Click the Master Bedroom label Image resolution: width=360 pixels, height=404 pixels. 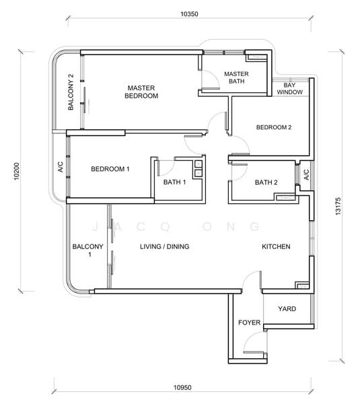pyautogui.click(x=141, y=92)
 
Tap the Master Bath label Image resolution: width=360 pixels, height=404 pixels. pyautogui.click(x=236, y=77)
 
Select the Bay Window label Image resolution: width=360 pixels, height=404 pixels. pyautogui.click(x=290, y=89)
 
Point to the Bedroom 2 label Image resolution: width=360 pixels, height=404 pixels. pyautogui.click(x=274, y=127)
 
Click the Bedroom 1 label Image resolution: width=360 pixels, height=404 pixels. pyautogui.click(x=110, y=169)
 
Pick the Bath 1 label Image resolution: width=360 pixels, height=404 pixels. pyautogui.click(x=174, y=182)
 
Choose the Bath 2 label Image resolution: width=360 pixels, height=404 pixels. pyautogui.click(x=266, y=182)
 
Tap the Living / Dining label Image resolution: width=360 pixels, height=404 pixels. pyautogui.click(x=165, y=246)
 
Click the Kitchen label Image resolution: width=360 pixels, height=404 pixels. pyautogui.click(x=276, y=246)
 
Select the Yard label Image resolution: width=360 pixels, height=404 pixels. pyautogui.click(x=287, y=308)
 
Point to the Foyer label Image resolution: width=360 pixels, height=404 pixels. pyautogui.click(x=249, y=323)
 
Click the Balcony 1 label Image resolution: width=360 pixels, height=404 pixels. pyautogui.click(x=87, y=250)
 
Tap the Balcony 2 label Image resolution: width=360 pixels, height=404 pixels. pyautogui.click(x=71, y=92)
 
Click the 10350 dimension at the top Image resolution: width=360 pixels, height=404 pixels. pyautogui.click(x=189, y=14)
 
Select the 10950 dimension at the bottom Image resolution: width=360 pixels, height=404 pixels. pyautogui.click(x=182, y=388)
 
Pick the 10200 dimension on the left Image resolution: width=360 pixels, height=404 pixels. pyautogui.click(x=16, y=171)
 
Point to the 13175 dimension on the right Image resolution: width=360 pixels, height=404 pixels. pyautogui.click(x=338, y=206)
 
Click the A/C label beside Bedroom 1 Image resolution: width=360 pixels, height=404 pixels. pyautogui.click(x=60, y=167)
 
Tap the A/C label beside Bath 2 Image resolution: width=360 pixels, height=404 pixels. pyautogui.click(x=306, y=174)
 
